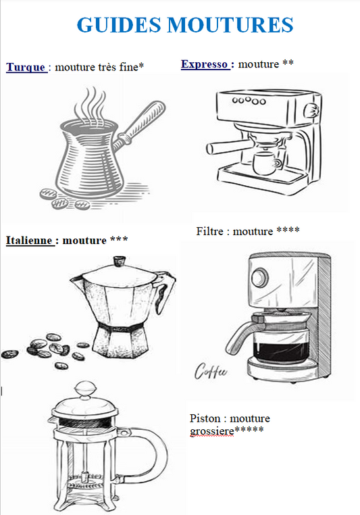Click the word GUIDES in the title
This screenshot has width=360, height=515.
click(119, 25)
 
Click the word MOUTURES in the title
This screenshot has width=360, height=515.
click(230, 25)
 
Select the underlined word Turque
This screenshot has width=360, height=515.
click(26, 68)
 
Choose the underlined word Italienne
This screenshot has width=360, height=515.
click(29, 240)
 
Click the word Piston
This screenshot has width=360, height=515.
click(205, 418)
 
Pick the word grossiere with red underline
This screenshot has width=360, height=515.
click(212, 431)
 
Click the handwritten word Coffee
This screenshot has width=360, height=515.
click(210, 371)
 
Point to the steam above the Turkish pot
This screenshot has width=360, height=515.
click(90, 105)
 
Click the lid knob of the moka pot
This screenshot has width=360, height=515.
click(119, 260)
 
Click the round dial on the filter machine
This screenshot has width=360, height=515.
click(260, 278)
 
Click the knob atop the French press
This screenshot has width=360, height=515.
click(85, 389)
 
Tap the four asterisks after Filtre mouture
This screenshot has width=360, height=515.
click(288, 230)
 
